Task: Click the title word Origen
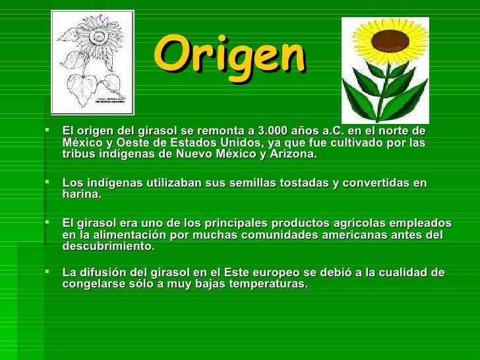click(x=230, y=55)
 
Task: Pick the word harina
click(x=81, y=195)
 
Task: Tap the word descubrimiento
click(x=108, y=247)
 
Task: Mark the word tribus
click(x=78, y=154)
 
